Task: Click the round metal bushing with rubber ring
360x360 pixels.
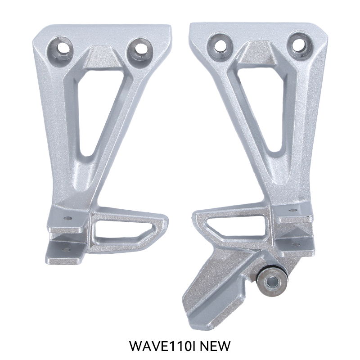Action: [x=272, y=282]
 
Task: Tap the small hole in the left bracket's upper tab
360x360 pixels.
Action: [x=68, y=219]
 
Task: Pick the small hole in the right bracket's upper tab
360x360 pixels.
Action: [x=293, y=210]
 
